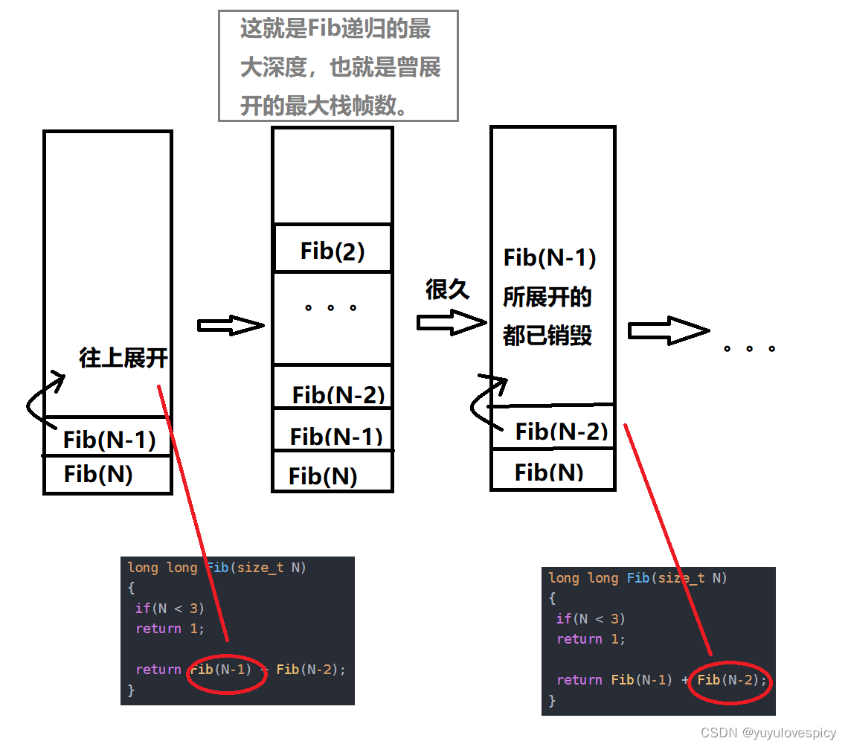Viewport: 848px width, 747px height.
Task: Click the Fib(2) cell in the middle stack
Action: click(x=333, y=251)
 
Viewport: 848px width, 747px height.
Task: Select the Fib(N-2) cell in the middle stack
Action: click(x=338, y=394)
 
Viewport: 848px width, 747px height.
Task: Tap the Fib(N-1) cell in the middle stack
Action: click(x=336, y=436)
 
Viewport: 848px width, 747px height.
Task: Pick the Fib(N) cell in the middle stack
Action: click(x=323, y=475)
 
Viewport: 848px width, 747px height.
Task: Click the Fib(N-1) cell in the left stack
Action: click(x=109, y=440)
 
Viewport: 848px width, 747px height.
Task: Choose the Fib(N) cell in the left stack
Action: click(x=98, y=474)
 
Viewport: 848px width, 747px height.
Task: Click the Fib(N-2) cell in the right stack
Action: click(x=562, y=431)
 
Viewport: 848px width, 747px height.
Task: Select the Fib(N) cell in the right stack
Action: click(x=549, y=472)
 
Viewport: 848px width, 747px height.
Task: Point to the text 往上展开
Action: click(x=123, y=358)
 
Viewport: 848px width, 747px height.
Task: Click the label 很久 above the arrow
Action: click(x=447, y=289)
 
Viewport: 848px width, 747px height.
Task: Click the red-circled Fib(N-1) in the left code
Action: click(x=226, y=670)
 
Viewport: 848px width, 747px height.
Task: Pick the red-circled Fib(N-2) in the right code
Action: click(x=730, y=680)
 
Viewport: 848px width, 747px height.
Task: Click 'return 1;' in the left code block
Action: click(x=170, y=629)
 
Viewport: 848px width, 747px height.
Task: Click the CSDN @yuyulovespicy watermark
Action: click(x=768, y=733)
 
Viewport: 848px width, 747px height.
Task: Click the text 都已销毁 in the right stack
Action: click(x=547, y=336)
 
